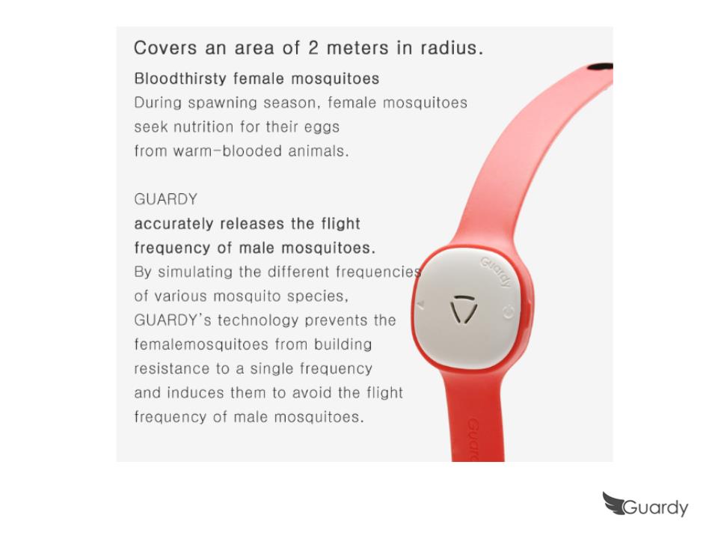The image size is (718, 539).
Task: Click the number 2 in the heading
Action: (x=313, y=48)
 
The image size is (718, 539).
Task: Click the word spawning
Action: (x=222, y=103)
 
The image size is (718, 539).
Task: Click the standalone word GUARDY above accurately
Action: (x=166, y=199)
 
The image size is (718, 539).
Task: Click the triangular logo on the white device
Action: (x=464, y=310)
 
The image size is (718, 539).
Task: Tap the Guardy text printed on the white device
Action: (x=495, y=272)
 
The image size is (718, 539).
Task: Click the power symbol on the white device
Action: (x=509, y=312)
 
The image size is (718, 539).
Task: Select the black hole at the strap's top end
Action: (x=600, y=67)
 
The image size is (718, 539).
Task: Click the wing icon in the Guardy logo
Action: (x=613, y=503)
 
